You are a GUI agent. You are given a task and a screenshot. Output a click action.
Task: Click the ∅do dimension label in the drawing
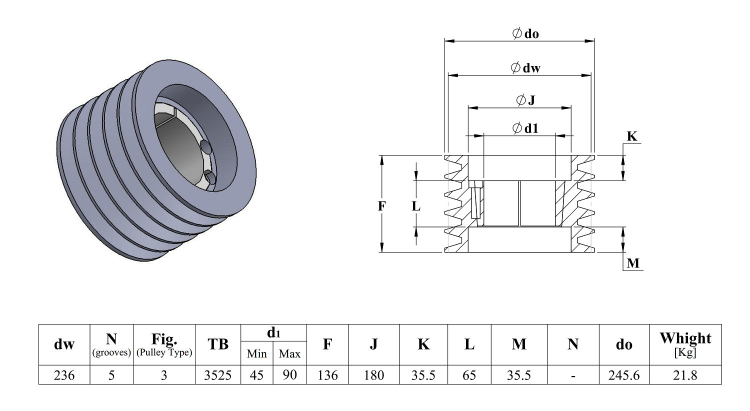(525, 34)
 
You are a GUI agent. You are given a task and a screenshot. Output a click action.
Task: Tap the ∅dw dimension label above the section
(525, 68)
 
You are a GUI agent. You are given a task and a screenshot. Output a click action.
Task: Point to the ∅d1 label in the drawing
(525, 128)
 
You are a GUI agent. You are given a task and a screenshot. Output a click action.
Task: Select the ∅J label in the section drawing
(525, 100)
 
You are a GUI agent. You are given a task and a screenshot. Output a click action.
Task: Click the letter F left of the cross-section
(382, 205)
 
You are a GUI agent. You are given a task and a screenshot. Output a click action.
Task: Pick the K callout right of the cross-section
(632, 136)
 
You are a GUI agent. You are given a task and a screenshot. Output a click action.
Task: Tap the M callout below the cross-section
(633, 263)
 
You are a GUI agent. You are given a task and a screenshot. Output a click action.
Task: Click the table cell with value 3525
(217, 375)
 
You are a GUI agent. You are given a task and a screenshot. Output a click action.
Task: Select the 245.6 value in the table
(624, 375)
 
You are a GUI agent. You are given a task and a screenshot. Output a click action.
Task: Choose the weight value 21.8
(685, 375)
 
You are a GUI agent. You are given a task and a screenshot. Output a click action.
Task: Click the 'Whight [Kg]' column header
(685, 344)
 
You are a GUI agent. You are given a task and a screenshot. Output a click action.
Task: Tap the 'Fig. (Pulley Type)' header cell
(164, 344)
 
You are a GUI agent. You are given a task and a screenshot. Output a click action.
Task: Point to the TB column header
(218, 344)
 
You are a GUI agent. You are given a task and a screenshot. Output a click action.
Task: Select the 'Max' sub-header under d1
(289, 354)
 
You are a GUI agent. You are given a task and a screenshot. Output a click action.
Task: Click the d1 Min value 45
(256, 375)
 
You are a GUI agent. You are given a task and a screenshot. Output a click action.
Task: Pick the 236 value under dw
(64, 375)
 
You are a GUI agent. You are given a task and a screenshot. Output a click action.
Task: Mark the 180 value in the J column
(373, 375)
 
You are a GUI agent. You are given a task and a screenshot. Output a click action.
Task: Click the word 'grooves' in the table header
(111, 352)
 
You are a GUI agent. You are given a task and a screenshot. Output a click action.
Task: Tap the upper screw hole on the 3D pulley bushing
(205, 146)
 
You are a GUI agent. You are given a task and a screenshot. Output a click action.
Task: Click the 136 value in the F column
(327, 375)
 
